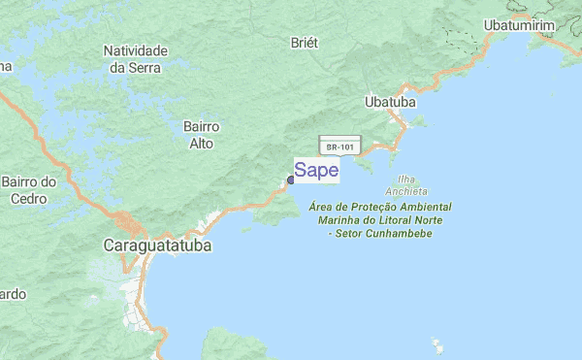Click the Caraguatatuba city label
pos(157,246)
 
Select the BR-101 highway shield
pos(339,147)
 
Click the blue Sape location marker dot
pos(290,180)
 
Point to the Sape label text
pos(316,171)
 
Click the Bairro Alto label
pos(201,135)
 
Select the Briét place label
pos(305,43)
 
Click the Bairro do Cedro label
pos(29,190)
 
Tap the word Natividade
pos(136,50)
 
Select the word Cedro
pos(28,199)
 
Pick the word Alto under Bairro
pos(201,144)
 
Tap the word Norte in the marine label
pos(424,220)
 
